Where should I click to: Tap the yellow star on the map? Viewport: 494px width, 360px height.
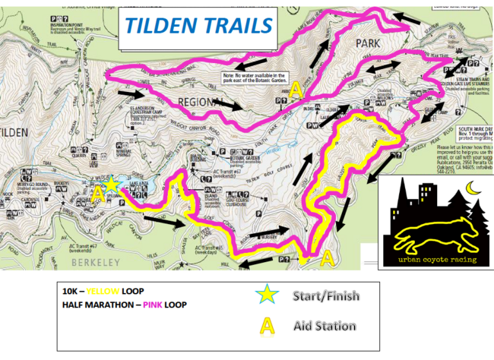[x=112, y=185]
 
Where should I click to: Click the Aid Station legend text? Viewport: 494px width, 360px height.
[x=324, y=326]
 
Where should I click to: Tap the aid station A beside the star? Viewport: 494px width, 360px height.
[x=97, y=194]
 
